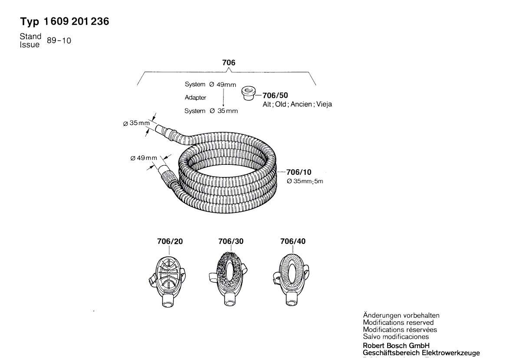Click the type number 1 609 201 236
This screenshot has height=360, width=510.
pos(76,22)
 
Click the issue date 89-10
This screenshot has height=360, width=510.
pos(59,41)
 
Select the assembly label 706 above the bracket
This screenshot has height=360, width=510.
pos(228,62)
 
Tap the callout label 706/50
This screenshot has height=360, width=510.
pos(275,95)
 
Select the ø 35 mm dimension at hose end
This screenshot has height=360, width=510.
pos(136,123)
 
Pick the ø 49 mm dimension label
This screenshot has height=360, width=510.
pos(144,158)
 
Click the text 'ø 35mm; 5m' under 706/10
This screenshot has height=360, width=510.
pos(305,181)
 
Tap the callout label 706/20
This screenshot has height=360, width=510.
pos(170,241)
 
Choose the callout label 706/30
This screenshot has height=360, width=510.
pos(231,241)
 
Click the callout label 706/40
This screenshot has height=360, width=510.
pos(293,241)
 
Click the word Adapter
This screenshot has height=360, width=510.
pos(195,98)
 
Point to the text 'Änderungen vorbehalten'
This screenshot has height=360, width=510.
pos(401,316)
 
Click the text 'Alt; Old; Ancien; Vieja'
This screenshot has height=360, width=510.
pos(297,105)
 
